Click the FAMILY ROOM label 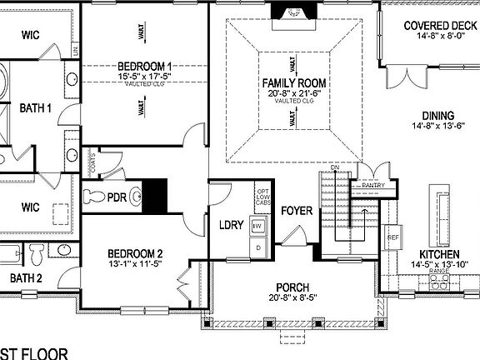coord(293,84)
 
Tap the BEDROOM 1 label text coord(144,66)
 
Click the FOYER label coord(296,210)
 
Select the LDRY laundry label coord(230,225)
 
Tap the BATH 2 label coord(25,277)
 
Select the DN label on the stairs coord(334,169)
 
